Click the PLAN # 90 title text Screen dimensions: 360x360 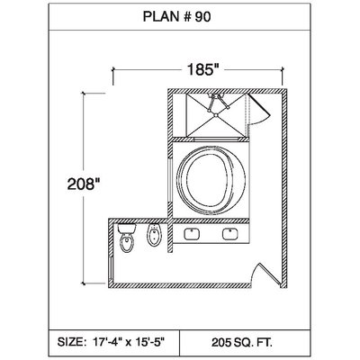176,17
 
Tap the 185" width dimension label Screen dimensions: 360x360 202,69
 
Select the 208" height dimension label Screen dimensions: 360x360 83,184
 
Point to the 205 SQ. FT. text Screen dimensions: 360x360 242,342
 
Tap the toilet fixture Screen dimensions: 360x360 127,238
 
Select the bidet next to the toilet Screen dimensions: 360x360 154,235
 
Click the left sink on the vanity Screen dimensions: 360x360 193,234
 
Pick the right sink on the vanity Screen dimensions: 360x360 230,234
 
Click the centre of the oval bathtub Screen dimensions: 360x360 211,180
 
